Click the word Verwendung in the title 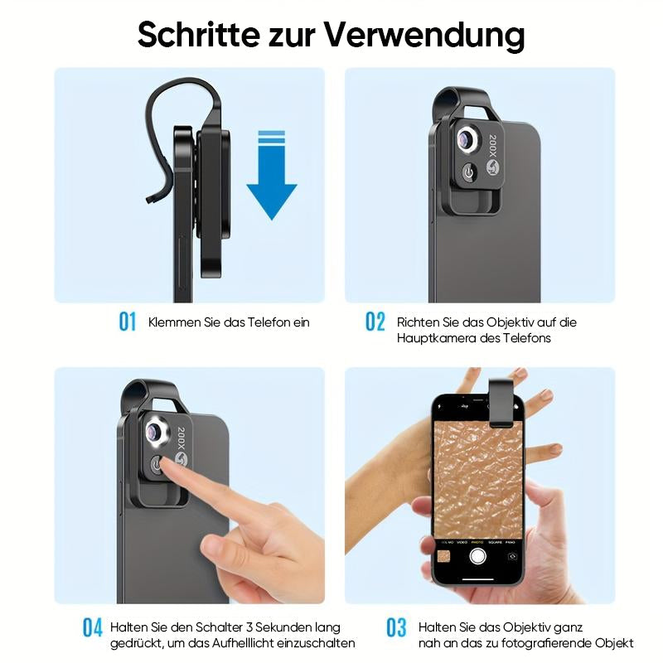424,35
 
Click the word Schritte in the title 199,34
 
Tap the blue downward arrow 272,175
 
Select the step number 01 128,322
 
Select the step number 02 375,322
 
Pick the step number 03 396,627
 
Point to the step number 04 92,627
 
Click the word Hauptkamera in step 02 438,338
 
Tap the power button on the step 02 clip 469,172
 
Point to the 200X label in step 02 492,146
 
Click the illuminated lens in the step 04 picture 155,432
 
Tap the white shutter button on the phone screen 477,556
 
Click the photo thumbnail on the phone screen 443,556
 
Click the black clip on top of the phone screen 502,403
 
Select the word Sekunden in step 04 282,627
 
